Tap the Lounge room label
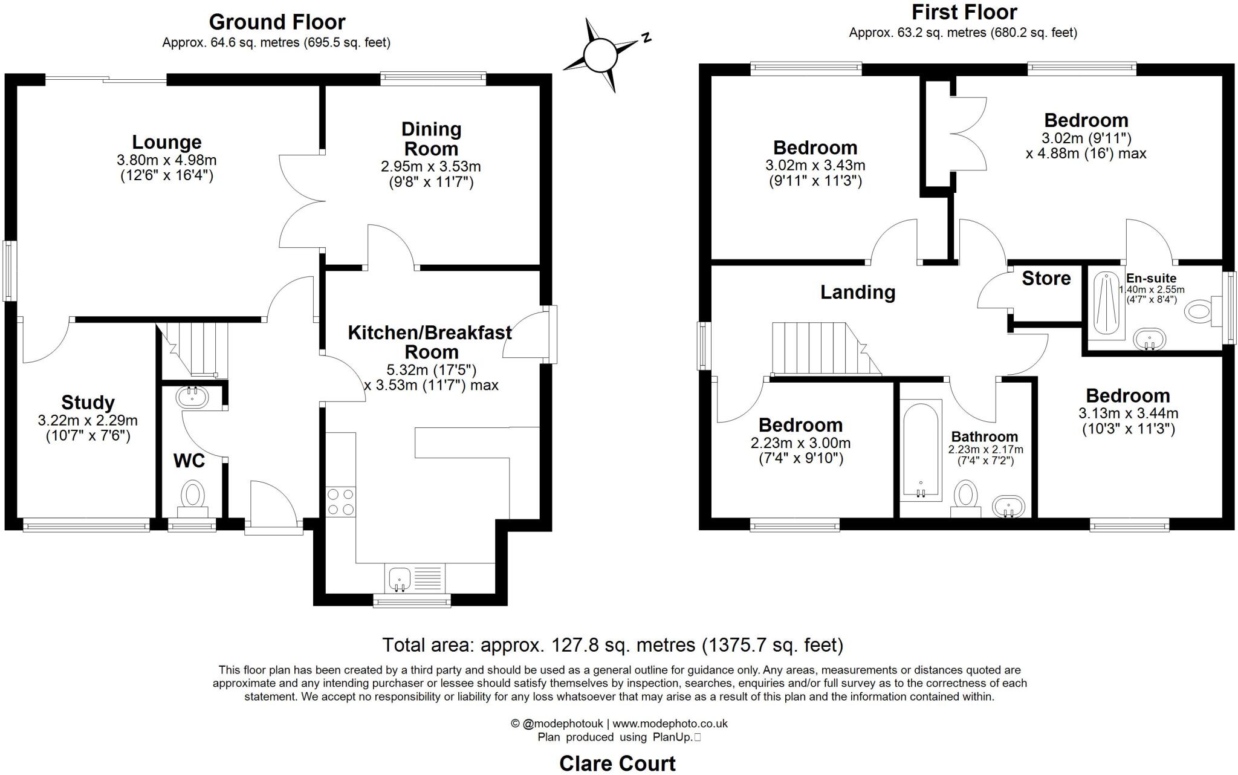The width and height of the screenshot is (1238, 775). pyautogui.click(x=166, y=143)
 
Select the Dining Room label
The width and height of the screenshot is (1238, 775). pyautogui.click(x=431, y=138)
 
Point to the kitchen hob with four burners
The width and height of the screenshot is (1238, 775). pyautogui.click(x=340, y=502)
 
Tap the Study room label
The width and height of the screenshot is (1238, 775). pyautogui.click(x=88, y=403)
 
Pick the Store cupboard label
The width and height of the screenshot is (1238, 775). pyautogui.click(x=1046, y=278)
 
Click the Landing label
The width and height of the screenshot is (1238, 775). pyautogui.click(x=857, y=293)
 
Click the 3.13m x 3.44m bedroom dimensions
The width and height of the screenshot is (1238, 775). pyautogui.click(x=1128, y=413)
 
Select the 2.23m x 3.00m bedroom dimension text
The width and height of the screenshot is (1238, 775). pyautogui.click(x=800, y=443)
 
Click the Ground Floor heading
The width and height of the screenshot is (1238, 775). pyautogui.click(x=277, y=22)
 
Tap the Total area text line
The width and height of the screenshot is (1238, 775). pyautogui.click(x=612, y=645)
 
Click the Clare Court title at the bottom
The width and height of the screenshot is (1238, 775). pyautogui.click(x=617, y=764)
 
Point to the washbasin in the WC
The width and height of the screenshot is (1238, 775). pyautogui.click(x=192, y=397)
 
